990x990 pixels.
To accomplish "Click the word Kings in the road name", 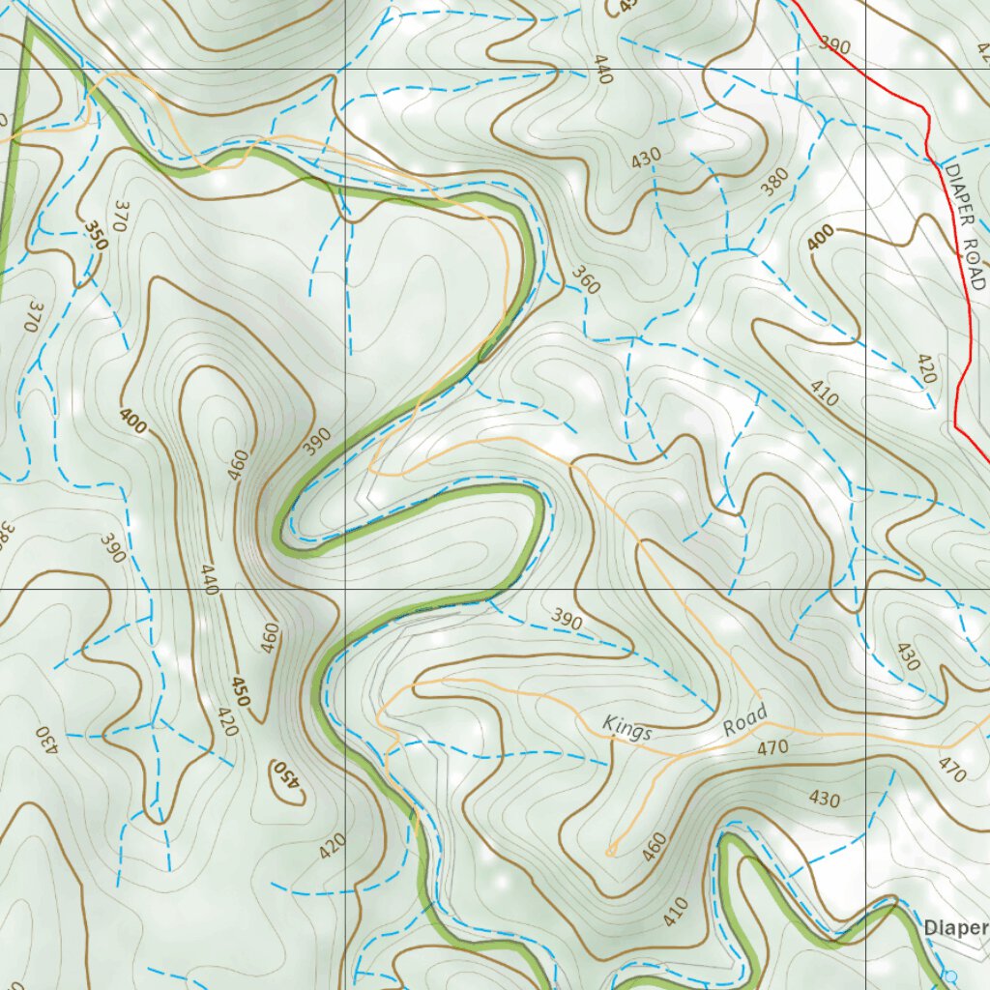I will coord(626,728).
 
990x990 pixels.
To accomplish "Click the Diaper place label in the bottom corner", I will coord(955,928).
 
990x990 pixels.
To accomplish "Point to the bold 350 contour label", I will coord(96,236).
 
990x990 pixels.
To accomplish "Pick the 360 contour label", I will coord(586,280).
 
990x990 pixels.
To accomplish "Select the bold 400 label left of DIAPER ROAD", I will coord(820,237).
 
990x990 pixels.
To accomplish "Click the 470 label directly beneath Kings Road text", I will coord(772,747).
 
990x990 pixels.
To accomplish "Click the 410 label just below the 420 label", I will coord(824,393).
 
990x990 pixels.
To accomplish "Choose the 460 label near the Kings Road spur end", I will coord(655,848).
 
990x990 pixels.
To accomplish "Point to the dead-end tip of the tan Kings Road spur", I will coord(610,852).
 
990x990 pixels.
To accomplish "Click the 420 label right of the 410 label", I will coord(925,368).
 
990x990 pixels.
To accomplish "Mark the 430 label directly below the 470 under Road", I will coord(824,799).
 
